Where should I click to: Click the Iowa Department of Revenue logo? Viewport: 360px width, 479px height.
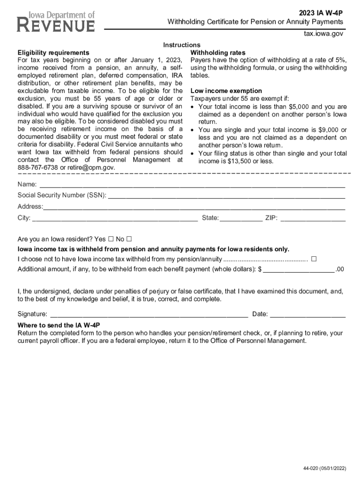point(56,22)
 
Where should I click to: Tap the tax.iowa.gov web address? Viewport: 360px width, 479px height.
point(324,34)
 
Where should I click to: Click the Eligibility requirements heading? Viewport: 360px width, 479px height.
point(53,52)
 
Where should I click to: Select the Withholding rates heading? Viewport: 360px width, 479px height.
point(218,52)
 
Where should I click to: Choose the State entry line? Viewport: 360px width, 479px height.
point(241,218)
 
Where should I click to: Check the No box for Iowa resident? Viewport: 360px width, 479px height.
point(129,238)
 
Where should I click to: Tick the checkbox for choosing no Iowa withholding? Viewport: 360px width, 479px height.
point(314,259)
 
